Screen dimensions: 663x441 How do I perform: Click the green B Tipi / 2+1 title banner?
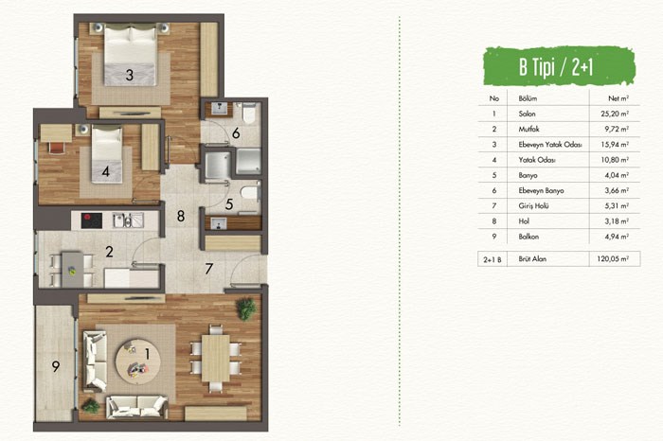coord(559,66)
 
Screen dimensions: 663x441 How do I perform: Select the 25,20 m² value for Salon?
coord(615,114)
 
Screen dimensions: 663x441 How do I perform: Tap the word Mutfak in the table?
coord(529,130)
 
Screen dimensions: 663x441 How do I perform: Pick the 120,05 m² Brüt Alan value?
coord(613,259)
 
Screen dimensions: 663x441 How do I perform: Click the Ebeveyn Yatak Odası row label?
coord(550,145)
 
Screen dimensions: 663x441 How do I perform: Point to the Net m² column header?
coord(618,98)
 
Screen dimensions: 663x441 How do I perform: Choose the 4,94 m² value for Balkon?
coord(617,237)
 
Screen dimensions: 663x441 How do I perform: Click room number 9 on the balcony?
coord(56,366)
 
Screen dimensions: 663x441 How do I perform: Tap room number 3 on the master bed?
coord(130,75)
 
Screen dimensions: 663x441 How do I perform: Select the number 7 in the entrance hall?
coord(208,269)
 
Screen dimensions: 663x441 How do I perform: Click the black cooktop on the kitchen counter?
coord(91,220)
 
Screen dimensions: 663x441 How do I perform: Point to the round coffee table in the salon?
coord(138,362)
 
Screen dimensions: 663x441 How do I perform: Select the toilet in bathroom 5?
coord(249,193)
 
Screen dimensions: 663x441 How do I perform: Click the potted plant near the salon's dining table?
coord(246,309)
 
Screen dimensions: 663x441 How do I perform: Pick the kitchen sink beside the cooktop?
coord(128,220)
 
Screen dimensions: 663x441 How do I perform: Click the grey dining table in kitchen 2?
coord(73,270)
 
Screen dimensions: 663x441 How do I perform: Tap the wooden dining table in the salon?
coord(216,359)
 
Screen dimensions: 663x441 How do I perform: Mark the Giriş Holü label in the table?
coord(533,206)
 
